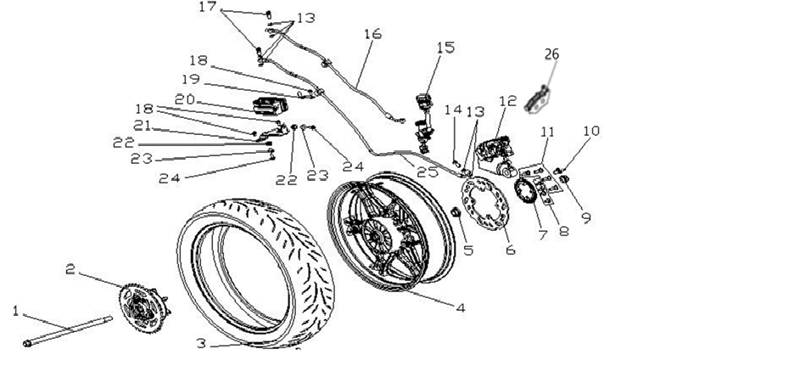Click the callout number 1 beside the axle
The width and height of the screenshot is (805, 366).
pyautogui.click(x=15, y=311)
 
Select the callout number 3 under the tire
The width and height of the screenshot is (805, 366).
pyautogui.click(x=201, y=343)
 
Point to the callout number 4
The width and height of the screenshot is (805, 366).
pyautogui.click(x=461, y=308)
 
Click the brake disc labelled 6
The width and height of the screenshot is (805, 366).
pyautogui.click(x=485, y=204)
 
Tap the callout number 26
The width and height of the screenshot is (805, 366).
pyautogui.click(x=552, y=54)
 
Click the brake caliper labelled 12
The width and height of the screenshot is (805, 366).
pyautogui.click(x=495, y=155)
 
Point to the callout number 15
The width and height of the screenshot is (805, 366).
pyautogui.click(x=445, y=48)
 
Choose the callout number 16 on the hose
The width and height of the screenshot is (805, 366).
pyautogui.click(x=373, y=34)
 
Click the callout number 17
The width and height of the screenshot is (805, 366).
pyautogui.click(x=208, y=7)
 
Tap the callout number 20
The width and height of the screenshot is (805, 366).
pyautogui.click(x=185, y=99)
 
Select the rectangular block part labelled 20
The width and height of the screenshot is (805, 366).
pyautogui.click(x=270, y=105)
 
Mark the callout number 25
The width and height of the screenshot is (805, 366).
pyautogui.click(x=428, y=172)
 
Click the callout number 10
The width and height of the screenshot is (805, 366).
pyautogui.click(x=591, y=131)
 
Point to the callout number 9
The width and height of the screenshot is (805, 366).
pyautogui.click(x=586, y=217)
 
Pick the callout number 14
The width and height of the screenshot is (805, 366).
pyautogui.click(x=453, y=110)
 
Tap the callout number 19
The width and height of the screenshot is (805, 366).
pyautogui.click(x=191, y=79)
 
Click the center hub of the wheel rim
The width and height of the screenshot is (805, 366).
pyautogui.click(x=377, y=236)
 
